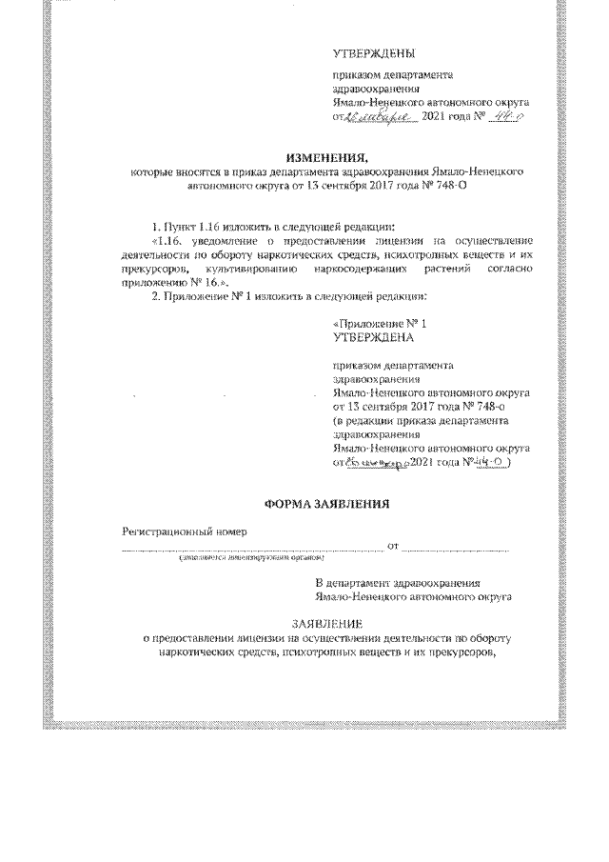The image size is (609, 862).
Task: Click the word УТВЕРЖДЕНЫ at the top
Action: (x=374, y=52)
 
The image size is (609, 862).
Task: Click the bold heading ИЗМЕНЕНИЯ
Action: (x=326, y=156)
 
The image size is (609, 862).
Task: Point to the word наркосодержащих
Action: (x=360, y=270)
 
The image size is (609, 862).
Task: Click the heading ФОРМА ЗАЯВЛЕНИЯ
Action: (x=325, y=502)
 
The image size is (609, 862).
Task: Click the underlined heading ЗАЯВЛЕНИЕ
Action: (x=325, y=624)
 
